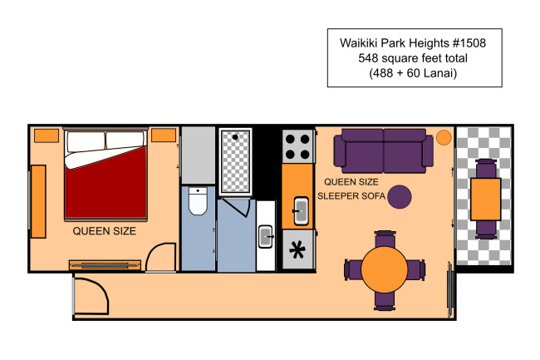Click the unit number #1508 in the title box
click(469, 43)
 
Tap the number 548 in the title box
click(369, 58)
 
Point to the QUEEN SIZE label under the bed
click(105, 231)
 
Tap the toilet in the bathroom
click(198, 201)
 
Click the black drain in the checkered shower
click(235, 137)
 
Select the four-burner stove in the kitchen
click(297, 147)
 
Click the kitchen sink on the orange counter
click(301, 210)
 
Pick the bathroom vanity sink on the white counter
click(266, 236)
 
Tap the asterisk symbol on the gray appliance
click(297, 249)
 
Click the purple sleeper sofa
click(383, 150)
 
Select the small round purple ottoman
click(400, 197)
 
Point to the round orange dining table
click(385, 269)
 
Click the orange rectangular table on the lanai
click(486, 199)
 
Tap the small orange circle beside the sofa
click(444, 137)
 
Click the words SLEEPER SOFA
click(351, 196)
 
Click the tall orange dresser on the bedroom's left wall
click(38, 201)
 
